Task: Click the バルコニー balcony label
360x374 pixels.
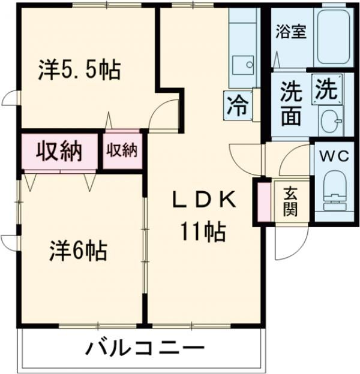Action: [144, 348]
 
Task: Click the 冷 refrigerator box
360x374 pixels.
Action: [236, 106]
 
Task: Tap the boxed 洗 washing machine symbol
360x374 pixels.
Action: [327, 91]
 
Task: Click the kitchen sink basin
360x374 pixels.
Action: [242, 63]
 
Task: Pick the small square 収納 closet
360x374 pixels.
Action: [122, 150]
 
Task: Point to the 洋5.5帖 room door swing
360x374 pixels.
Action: [163, 114]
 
